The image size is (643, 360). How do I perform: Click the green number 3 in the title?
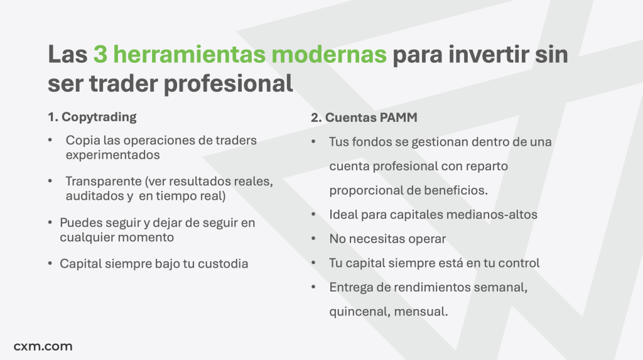coord(100,54)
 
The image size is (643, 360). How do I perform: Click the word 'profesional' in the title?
coord(229,84)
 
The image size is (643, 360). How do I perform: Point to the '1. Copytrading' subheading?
coord(92,117)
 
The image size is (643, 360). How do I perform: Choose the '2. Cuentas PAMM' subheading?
coord(364,117)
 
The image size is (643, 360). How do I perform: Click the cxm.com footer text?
coord(43,346)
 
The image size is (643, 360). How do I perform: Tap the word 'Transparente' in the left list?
coord(104,181)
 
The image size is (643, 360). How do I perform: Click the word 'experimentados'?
coord(113,155)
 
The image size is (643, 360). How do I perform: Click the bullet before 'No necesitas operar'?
coord(314,238)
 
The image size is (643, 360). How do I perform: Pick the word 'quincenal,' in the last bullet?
coord(360,312)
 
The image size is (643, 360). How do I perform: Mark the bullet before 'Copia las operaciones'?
coord(50,140)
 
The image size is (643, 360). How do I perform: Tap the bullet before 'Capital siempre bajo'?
coord(50,263)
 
